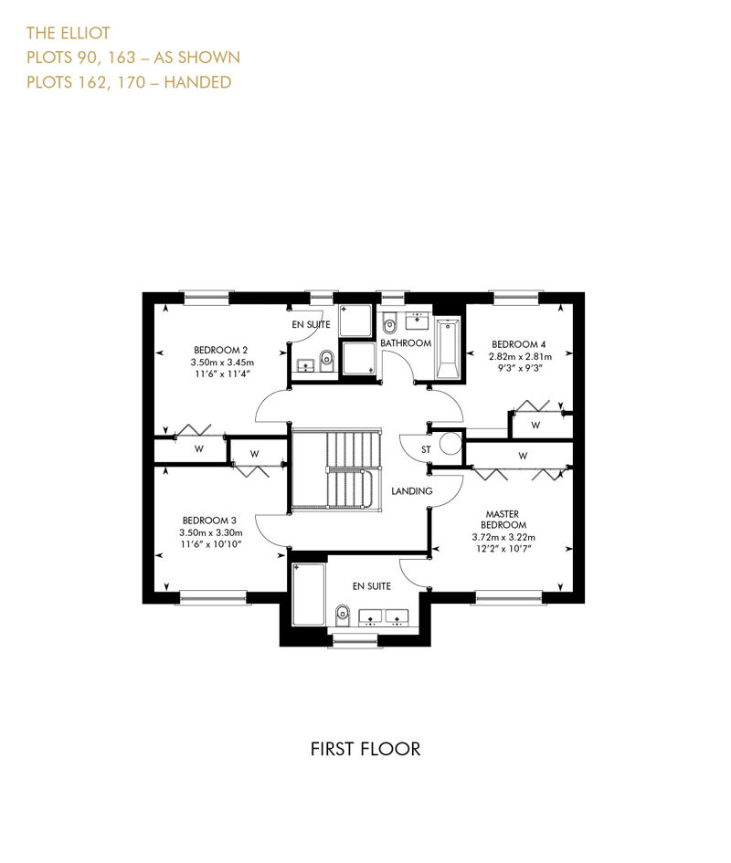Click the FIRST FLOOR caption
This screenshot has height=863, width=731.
[x=365, y=749]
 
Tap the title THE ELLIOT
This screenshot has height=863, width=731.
[x=69, y=34]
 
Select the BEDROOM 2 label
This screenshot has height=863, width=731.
[x=220, y=350]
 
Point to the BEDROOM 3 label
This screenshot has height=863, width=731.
[x=209, y=521]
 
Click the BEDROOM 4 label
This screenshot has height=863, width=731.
[x=518, y=344]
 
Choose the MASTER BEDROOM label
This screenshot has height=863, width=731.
[x=503, y=520]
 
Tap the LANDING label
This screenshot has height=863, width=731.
[x=411, y=491]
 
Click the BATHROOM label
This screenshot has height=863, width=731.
[x=406, y=342]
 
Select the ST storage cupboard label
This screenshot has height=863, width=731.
[x=426, y=449]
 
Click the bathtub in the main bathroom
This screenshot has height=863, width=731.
[x=448, y=348]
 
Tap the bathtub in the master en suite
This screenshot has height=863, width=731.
[x=309, y=595]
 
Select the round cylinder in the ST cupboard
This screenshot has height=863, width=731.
[x=450, y=444]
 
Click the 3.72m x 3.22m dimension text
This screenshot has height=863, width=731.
[x=503, y=537]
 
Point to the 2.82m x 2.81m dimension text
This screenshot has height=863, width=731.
[x=520, y=356]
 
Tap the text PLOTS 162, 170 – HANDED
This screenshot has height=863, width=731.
[x=129, y=82]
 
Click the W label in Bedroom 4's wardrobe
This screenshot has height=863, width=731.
[x=535, y=426]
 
